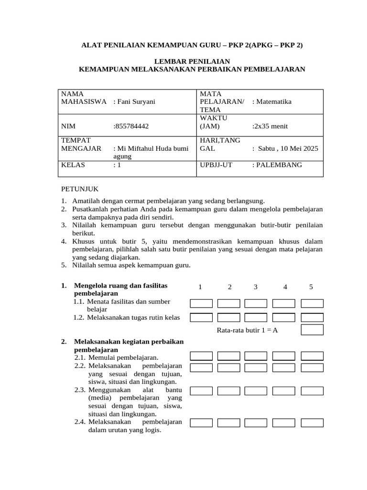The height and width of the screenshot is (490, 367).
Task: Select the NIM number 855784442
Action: point(131,126)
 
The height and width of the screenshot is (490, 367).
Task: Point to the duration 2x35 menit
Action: point(270,126)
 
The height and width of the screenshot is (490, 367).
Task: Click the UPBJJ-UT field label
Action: point(216,165)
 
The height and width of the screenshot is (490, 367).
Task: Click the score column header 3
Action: point(256,287)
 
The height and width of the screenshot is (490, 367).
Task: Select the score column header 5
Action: point(311,287)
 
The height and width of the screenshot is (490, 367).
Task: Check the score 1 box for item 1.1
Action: point(201,303)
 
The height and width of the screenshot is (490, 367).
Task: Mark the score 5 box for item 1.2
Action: point(312,317)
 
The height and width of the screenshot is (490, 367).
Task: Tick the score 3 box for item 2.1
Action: point(256,356)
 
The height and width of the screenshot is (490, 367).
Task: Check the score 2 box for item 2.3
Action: point(228,391)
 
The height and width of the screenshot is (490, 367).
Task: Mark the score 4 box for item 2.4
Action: point(284,423)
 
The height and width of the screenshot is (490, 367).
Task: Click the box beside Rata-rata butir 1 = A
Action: point(312,330)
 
